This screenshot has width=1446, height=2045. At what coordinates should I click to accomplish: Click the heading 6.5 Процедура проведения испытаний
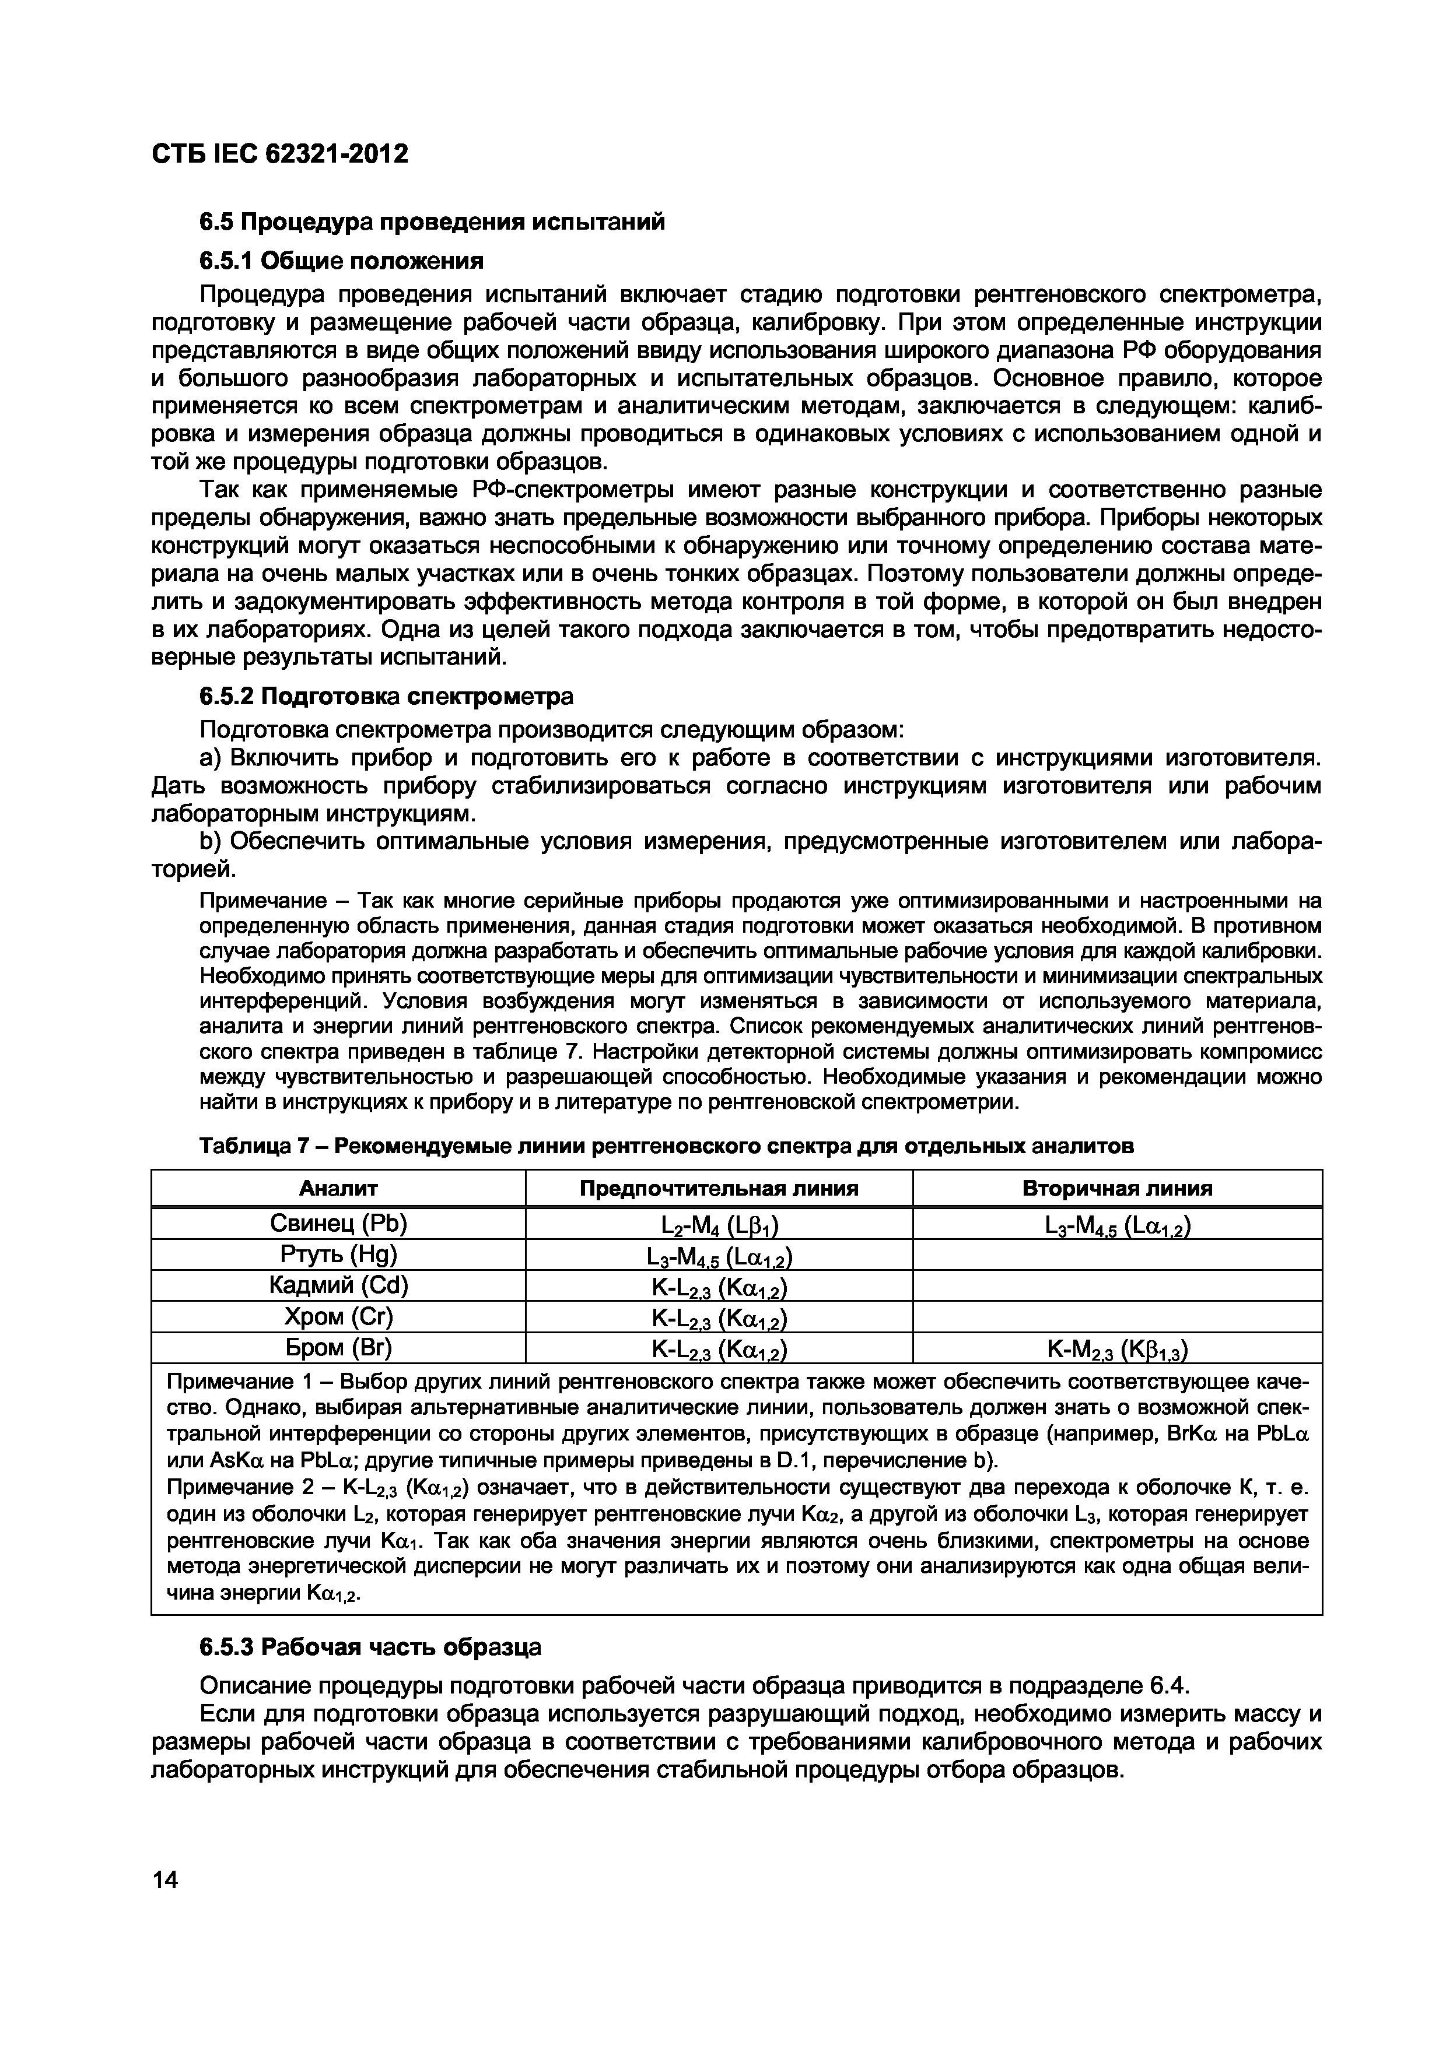431,221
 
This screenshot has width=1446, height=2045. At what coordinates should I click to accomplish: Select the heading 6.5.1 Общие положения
341,261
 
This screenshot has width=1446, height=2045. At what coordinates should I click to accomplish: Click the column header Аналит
338,1188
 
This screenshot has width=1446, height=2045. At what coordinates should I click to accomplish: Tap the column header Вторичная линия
1116,1188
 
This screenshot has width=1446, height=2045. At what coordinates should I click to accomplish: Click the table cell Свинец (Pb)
338,1224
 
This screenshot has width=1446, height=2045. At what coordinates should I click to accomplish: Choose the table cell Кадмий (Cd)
338,1285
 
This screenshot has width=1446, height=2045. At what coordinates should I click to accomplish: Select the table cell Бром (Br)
338,1348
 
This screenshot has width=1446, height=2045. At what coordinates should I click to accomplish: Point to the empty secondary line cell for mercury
1116,1255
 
